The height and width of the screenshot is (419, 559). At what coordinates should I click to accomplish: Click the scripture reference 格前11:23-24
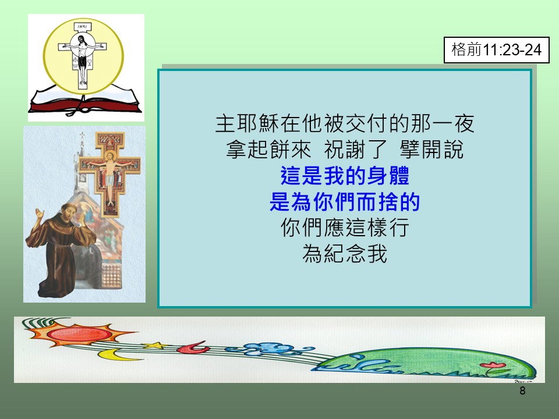click(496, 50)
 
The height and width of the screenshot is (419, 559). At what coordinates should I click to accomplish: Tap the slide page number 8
click(522, 390)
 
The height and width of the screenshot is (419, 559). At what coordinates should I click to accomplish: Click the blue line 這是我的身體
click(345, 176)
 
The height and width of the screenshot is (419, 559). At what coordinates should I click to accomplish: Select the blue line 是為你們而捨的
click(345, 202)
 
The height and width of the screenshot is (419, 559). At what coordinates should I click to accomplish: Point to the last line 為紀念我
click(345, 254)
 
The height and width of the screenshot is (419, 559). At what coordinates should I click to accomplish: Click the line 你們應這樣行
click(345, 228)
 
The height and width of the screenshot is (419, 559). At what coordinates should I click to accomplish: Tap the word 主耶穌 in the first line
click(247, 123)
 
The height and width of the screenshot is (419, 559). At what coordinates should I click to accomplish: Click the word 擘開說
click(431, 150)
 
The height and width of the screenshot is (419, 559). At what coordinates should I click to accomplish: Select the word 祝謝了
click(355, 150)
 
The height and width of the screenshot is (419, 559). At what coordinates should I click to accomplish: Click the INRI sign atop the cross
click(83, 27)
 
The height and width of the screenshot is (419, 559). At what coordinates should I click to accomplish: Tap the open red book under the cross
click(85, 100)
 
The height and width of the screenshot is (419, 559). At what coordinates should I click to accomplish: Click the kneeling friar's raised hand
click(38, 214)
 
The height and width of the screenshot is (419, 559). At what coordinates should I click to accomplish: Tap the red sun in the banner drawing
click(79, 333)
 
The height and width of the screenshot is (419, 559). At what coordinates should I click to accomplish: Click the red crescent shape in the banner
click(193, 348)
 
